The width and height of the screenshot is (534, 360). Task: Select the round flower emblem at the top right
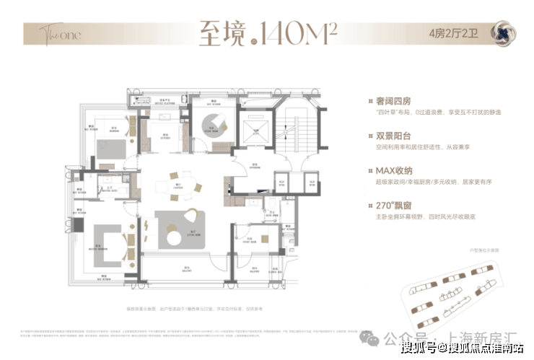tap(503, 33)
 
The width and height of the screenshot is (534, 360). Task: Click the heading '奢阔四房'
tap(390, 100)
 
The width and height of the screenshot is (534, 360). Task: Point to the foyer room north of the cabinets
tap(257, 165)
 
